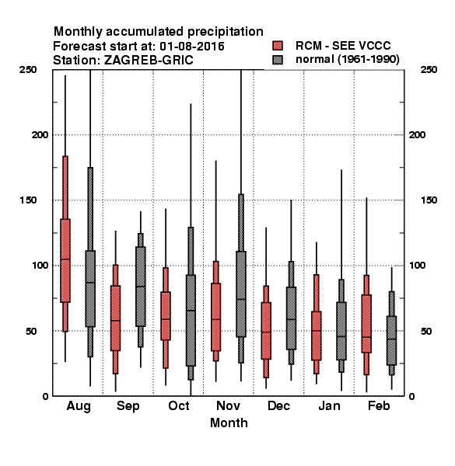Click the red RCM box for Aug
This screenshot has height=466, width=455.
tap(65, 261)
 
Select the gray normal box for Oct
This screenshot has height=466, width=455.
tap(191, 320)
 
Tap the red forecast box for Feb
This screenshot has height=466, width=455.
tap(366, 324)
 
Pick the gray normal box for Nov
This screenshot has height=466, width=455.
tap(241, 294)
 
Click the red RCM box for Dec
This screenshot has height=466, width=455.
tap(266, 331)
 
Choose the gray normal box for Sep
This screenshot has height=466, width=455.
tap(141, 287)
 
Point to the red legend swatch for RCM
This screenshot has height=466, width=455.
tap(278, 46)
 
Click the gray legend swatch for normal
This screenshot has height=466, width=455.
tap(278, 60)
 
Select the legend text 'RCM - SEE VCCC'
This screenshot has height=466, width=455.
tap(343, 46)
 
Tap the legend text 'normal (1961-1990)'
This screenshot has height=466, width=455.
tap(347, 60)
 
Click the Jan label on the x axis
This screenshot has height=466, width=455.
tap(329, 405)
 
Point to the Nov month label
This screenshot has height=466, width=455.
tap(228, 405)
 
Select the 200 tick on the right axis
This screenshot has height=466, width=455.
tap(417, 134)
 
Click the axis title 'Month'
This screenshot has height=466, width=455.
tap(229, 423)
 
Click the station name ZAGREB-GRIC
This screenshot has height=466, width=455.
tap(149, 61)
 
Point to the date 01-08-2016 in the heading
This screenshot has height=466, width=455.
tap(192, 47)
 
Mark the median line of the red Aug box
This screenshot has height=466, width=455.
tap(65, 259)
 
